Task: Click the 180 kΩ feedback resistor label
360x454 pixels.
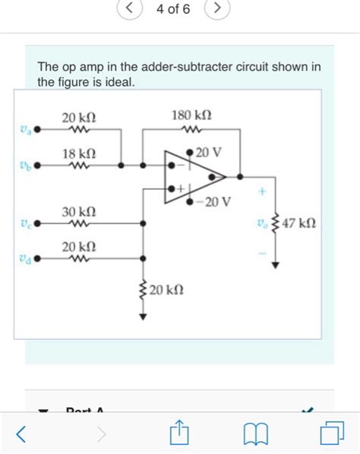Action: pos(191,115)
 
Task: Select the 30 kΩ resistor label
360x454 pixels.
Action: pos(79,210)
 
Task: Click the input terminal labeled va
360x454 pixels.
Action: pos(36,130)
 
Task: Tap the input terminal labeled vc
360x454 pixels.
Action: pos(36,223)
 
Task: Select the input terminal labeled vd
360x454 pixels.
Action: pos(36,258)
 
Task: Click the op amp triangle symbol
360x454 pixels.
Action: pos(190,176)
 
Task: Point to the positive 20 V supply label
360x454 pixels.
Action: pos(209,153)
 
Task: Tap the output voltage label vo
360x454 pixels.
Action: pos(263,224)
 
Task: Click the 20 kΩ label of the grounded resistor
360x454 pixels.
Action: pos(166,289)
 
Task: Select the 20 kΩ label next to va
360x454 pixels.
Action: pos(79,118)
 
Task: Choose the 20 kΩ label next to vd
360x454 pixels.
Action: pos(79,247)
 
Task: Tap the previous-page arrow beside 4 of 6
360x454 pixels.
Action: pos(130,8)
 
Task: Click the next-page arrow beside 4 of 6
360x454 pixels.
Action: pos(217,8)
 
